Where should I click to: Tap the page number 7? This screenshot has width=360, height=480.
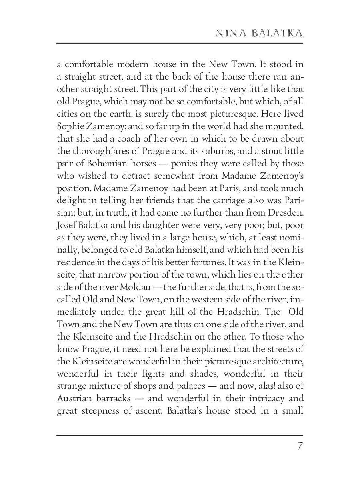[x=300, y=446]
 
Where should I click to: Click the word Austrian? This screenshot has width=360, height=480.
[x=76, y=398]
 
